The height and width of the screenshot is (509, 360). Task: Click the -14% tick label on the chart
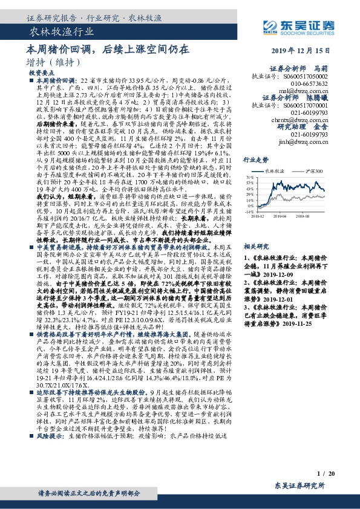pos(249,212)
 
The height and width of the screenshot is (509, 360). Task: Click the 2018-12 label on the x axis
pos(257,215)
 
